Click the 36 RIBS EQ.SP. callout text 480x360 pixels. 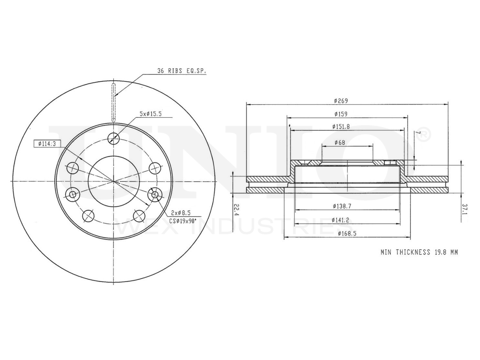point(181,71)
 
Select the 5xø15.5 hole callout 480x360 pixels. point(151,114)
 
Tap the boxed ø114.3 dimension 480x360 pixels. point(47,144)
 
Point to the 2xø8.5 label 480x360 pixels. point(181,212)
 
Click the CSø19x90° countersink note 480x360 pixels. point(183,221)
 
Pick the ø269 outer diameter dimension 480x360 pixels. point(341,101)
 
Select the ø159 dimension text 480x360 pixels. point(341,114)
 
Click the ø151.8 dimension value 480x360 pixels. point(341,126)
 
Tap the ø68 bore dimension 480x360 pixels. point(340,142)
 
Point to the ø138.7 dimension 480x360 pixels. point(342,206)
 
